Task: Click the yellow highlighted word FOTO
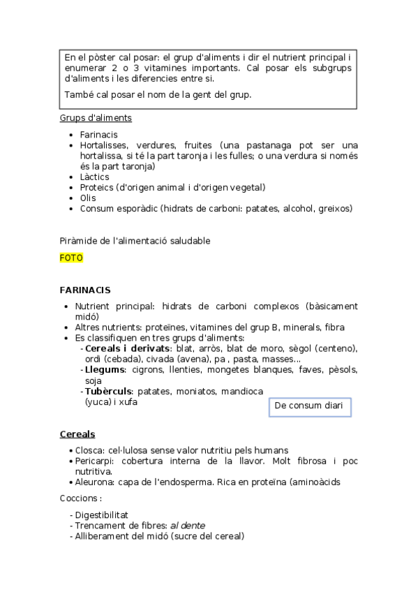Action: (71, 258)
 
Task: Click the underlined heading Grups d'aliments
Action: (96, 118)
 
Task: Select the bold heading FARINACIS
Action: (85, 290)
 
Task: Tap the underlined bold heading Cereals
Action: (77, 434)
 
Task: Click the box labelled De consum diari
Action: (309, 406)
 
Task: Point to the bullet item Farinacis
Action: (98, 134)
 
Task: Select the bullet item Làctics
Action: (94, 177)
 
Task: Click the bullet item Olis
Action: (88, 198)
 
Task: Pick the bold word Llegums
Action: (105, 369)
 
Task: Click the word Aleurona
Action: (96, 482)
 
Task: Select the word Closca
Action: (91, 450)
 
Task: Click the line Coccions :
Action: (81, 498)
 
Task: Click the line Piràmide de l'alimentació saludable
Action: (135, 241)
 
